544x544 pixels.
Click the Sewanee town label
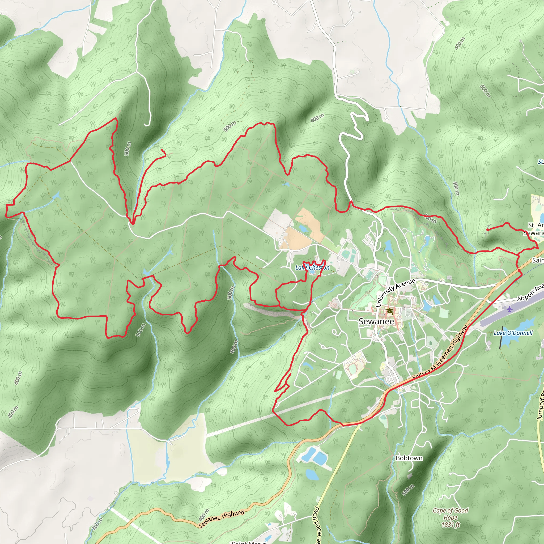pyautogui.click(x=376, y=322)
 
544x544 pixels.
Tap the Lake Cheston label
pyautogui.click(x=312, y=267)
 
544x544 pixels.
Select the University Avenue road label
pyautogui.click(x=395, y=292)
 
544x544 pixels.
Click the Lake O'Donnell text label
pyautogui.click(x=513, y=333)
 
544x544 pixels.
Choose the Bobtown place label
pyautogui.click(x=409, y=458)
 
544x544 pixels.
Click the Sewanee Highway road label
pyautogui.click(x=221, y=519)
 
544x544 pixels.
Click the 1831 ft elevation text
pyautogui.click(x=450, y=525)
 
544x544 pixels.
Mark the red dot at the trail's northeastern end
pyautogui.click(x=487, y=230)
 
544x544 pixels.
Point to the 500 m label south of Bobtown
pyautogui.click(x=408, y=490)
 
